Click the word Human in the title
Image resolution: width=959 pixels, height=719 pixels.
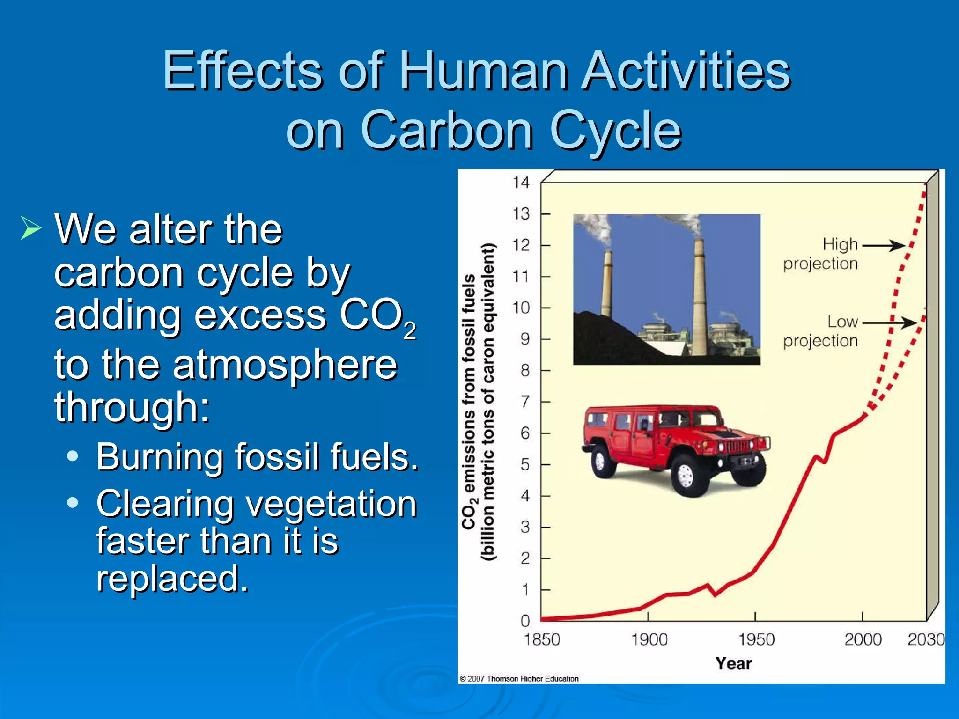click(482, 71)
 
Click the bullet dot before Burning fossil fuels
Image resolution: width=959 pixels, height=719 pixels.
click(73, 456)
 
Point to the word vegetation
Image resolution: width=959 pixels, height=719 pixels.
click(331, 504)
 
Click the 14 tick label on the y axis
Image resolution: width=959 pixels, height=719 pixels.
click(520, 182)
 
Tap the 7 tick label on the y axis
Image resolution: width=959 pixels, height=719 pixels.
click(525, 402)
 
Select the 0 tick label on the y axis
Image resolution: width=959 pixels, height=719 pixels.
click(525, 621)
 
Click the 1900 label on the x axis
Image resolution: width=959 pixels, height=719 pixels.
click(649, 639)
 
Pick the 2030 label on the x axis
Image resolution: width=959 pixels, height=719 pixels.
click(926, 639)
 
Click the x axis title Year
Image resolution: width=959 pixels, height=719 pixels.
click(733, 664)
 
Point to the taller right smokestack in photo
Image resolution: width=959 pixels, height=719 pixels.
click(699, 300)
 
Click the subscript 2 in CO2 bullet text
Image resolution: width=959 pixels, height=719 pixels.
click(410, 331)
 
